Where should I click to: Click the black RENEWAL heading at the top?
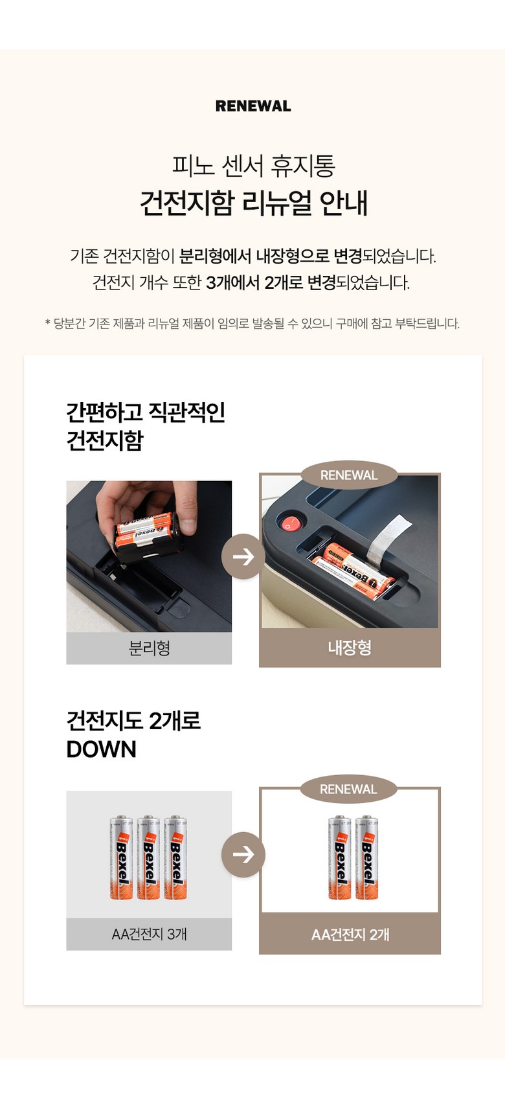253,106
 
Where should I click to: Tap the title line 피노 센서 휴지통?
254,166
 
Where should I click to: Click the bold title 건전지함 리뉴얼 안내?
254,203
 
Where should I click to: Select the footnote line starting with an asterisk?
252,324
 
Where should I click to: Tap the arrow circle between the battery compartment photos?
243,556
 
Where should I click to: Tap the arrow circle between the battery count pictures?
243,855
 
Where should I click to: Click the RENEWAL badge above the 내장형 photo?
349,475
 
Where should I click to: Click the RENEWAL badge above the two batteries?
348,789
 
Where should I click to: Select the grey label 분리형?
149,648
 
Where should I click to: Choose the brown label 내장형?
350,648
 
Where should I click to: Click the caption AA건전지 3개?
149,934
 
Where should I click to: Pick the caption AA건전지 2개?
350,935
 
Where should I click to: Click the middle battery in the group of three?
148,857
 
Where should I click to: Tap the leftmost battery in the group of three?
122,857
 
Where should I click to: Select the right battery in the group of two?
366,857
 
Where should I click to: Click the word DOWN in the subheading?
102,750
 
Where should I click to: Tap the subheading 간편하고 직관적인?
146,413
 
